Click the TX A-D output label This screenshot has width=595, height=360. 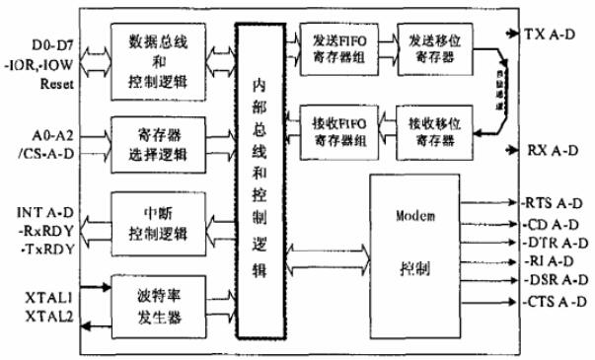click(x=550, y=35)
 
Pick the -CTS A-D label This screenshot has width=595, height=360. click(x=551, y=298)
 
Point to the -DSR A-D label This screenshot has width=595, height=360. click(x=551, y=279)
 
